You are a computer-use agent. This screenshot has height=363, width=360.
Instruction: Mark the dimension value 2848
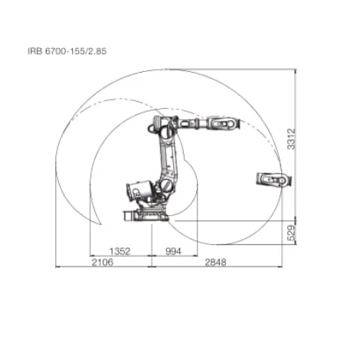[218, 263]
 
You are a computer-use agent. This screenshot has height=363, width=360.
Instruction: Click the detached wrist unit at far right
[273, 180]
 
